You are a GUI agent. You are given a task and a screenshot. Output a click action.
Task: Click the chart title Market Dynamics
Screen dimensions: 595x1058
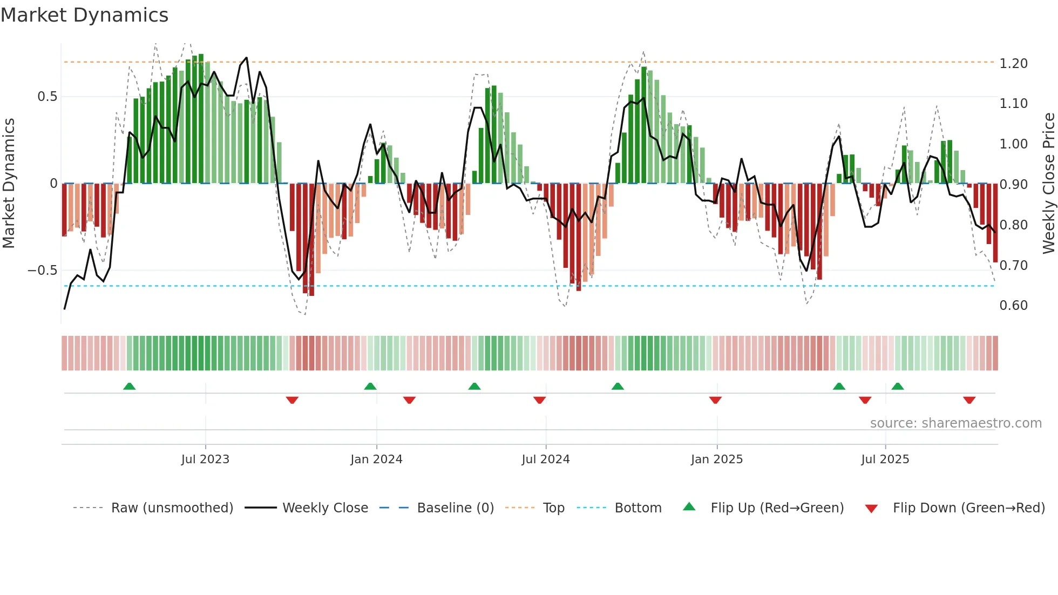click(x=85, y=15)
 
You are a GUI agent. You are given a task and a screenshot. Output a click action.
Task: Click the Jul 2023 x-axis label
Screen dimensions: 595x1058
click(x=205, y=459)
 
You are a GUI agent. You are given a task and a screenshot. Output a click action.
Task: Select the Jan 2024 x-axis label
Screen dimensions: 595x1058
click(x=376, y=459)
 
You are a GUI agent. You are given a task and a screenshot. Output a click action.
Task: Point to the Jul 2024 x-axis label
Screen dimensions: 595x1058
click(x=546, y=459)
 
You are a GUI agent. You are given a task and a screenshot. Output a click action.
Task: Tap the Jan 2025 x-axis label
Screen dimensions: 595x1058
click(x=717, y=459)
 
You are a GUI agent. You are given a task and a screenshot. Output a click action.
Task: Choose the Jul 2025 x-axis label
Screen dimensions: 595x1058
click(x=885, y=459)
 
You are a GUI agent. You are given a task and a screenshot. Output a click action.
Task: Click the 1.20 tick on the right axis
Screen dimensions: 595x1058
click(x=1013, y=64)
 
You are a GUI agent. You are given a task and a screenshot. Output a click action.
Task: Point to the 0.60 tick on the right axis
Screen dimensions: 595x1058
click(x=1013, y=306)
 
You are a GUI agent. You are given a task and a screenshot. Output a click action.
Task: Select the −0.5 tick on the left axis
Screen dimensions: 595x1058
click(x=43, y=271)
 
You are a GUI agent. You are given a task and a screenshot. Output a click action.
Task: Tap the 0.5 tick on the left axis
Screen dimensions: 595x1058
click(x=47, y=97)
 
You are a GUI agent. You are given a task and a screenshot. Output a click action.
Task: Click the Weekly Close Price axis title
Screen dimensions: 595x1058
click(x=1048, y=184)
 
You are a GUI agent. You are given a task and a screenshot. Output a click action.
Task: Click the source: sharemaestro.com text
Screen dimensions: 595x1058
click(x=955, y=423)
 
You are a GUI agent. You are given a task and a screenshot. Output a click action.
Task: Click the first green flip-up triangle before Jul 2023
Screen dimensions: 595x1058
click(x=129, y=386)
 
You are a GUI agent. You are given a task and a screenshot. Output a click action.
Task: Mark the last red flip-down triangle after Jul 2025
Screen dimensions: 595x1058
click(x=969, y=400)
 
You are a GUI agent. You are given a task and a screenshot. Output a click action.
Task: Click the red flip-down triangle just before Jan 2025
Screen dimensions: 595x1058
click(x=715, y=400)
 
